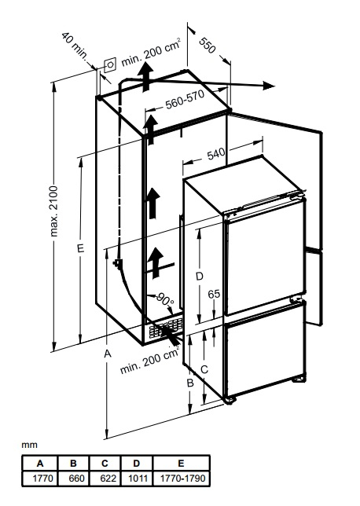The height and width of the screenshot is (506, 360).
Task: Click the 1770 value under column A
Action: point(42,478)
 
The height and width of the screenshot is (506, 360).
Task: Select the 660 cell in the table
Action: point(76,478)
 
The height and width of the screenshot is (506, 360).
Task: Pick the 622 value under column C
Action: point(108,478)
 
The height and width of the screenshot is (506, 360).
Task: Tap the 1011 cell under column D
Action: point(138,478)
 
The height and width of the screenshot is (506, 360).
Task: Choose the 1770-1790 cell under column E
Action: point(182,478)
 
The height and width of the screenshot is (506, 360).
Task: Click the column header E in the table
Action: point(181,464)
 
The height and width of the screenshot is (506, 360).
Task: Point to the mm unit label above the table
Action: point(29,445)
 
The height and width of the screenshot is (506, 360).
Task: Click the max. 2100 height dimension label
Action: point(53,211)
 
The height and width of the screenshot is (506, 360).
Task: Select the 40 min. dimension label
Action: point(75,46)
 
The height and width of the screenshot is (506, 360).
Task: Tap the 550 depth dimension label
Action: point(207,46)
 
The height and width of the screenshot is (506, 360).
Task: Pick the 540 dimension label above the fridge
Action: point(216,154)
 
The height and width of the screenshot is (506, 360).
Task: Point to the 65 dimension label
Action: point(214,294)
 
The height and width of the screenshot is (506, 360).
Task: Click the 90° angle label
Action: point(165,300)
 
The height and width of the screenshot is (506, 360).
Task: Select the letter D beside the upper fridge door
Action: point(200,277)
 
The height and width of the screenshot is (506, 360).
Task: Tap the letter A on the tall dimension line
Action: point(108,354)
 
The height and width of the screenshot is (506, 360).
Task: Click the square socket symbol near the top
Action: point(110,64)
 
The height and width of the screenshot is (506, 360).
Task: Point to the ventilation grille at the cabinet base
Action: point(165,328)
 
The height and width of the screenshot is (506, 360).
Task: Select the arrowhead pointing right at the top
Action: point(269,86)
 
